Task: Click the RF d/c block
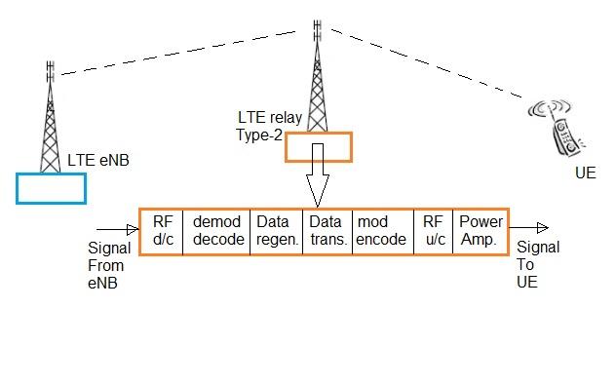click(162, 231)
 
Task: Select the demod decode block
click(216, 231)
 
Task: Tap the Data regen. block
click(277, 231)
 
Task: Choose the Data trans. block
click(326, 231)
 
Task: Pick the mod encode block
click(381, 231)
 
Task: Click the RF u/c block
click(433, 231)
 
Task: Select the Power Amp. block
click(481, 231)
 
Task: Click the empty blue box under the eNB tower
click(51, 187)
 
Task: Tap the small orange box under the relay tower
click(318, 146)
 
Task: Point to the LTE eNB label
click(98, 161)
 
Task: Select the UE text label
click(585, 173)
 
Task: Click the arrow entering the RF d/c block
click(126, 232)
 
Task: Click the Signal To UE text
click(537, 264)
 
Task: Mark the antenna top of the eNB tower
click(50, 70)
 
